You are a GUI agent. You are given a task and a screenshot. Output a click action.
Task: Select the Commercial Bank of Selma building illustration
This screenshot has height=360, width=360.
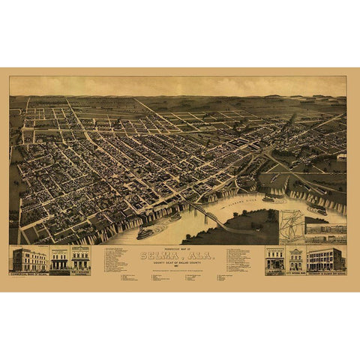coord(28,259)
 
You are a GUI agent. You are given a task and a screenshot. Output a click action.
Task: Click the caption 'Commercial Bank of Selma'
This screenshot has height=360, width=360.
coord(28,273)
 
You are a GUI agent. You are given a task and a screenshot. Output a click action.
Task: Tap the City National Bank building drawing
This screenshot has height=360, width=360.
coord(295,259)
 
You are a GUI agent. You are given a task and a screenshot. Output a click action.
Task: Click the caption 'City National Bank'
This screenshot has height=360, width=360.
coord(295,272)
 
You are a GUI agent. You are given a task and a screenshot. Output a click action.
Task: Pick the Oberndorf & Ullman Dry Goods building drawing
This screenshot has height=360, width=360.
coord(324,259)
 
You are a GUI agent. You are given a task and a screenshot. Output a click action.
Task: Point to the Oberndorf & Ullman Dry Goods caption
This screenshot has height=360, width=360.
coord(324,272)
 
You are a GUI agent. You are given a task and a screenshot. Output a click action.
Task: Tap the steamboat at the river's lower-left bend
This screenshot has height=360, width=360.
coord(144,233)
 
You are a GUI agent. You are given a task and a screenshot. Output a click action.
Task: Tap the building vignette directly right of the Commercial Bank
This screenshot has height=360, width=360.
coord(59,259)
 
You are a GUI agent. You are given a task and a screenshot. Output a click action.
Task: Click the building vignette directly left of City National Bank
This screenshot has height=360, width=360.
coord(275,259)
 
